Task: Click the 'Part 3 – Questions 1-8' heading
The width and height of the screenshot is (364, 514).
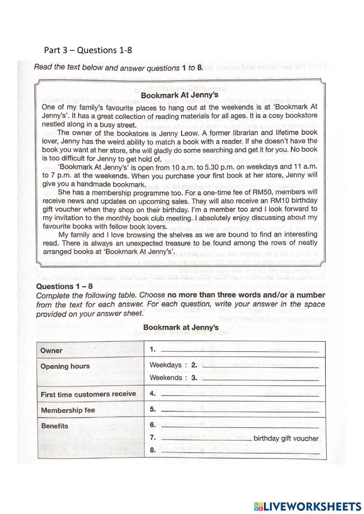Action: (88, 50)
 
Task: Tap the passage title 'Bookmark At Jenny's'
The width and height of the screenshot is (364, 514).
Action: (179, 95)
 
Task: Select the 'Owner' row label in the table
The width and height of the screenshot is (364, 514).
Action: (51, 350)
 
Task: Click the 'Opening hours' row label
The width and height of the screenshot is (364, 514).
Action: (65, 366)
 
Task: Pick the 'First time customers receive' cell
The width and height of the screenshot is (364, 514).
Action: (88, 394)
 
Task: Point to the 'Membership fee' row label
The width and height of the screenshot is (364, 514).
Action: (68, 410)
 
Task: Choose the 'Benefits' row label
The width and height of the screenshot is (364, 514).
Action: (55, 426)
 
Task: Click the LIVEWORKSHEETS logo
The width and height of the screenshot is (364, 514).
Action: (307, 506)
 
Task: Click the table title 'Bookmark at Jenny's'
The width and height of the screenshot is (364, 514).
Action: (181, 327)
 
